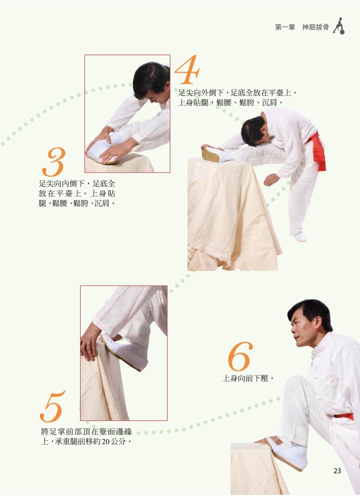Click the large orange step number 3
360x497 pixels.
coord(53,162)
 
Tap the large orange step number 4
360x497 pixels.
coord(187,70)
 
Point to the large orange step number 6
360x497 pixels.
coord(240,357)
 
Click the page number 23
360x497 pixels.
coord(337,471)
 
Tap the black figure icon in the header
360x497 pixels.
coord(339,26)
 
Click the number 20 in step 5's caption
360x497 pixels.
coord(102,441)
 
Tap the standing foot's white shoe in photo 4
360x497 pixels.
coord(300,236)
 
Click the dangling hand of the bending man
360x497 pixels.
coord(271,179)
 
